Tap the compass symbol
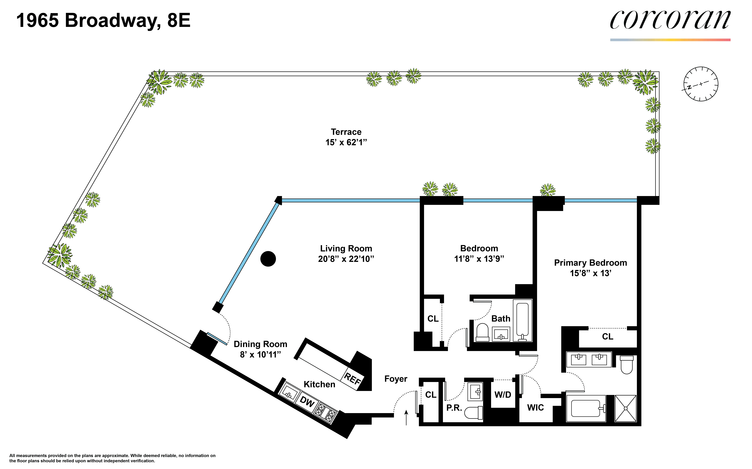[x=701, y=84]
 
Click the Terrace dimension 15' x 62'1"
[x=346, y=142]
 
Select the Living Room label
[x=346, y=248]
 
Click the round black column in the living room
[x=268, y=259]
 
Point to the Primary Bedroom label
[x=590, y=263]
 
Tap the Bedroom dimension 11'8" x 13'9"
[x=479, y=259]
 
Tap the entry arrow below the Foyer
[x=406, y=417]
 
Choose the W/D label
[x=502, y=395]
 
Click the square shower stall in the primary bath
[x=625, y=408]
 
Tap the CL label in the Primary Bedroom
[x=607, y=337]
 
